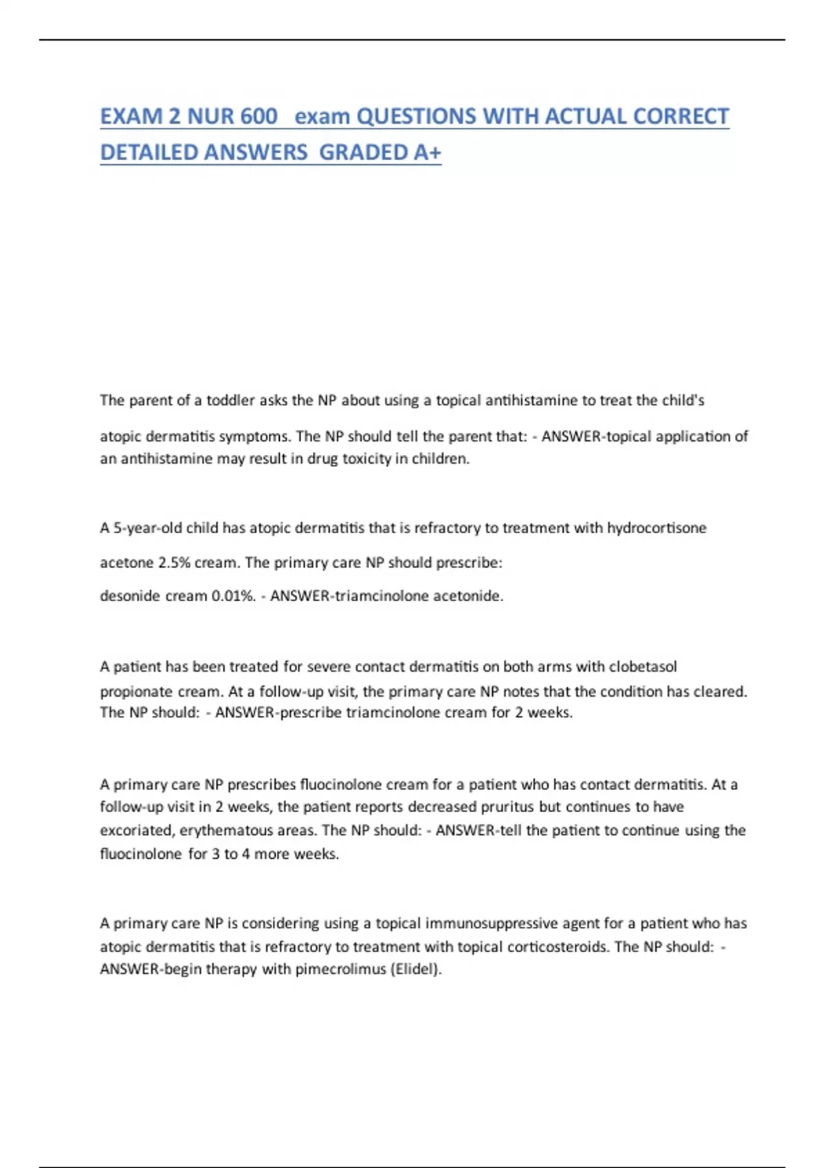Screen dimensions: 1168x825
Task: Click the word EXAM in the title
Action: tap(131, 116)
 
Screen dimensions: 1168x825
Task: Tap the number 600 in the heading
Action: tap(259, 116)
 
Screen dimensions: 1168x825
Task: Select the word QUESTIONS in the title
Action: tap(417, 116)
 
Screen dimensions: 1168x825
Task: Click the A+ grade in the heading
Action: tap(427, 152)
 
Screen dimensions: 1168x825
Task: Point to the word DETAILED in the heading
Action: tap(148, 152)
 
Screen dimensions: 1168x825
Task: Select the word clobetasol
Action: tap(643, 666)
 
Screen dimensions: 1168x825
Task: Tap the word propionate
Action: tap(137, 691)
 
